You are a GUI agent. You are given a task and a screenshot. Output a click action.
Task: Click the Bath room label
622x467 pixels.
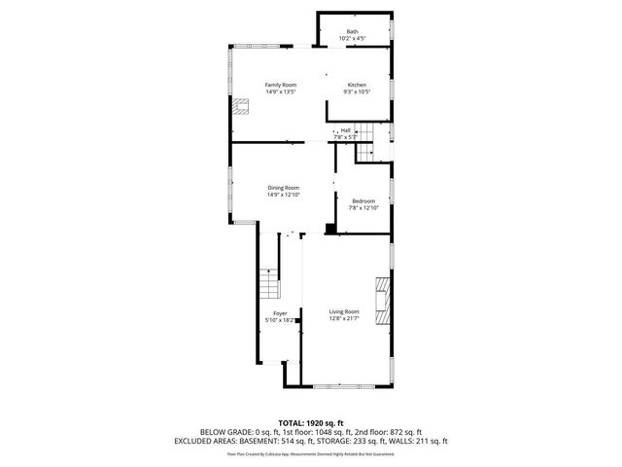pos(352,32)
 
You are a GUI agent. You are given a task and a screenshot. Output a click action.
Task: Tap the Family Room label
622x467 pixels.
pos(281,86)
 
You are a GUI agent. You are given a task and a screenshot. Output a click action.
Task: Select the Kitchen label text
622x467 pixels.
pos(357,86)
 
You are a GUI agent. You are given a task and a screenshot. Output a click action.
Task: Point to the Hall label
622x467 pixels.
pos(345,130)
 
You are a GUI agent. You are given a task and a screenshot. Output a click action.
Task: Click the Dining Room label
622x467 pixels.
pos(284,187)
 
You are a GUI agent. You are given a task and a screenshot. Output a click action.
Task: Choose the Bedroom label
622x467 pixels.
pos(363,200)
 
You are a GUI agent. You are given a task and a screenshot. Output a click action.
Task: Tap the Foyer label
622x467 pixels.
pos(280,313)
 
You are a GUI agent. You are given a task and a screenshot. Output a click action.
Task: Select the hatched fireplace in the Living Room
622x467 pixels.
pos(384,301)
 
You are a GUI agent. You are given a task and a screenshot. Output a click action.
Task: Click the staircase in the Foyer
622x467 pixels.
pos(268,285)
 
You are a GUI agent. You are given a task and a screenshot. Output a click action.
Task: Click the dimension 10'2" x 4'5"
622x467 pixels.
pos(352,39)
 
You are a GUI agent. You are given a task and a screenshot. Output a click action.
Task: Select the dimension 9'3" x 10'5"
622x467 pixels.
pos(357,92)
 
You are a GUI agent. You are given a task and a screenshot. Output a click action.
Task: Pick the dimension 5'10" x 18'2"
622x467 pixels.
pos(280,320)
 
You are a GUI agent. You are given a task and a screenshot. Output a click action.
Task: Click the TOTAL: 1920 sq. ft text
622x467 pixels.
pos(310,422)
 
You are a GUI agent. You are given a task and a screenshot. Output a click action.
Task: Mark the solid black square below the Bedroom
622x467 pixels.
pos(330,230)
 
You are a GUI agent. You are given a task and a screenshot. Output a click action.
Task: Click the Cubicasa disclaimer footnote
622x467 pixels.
pos(310,452)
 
